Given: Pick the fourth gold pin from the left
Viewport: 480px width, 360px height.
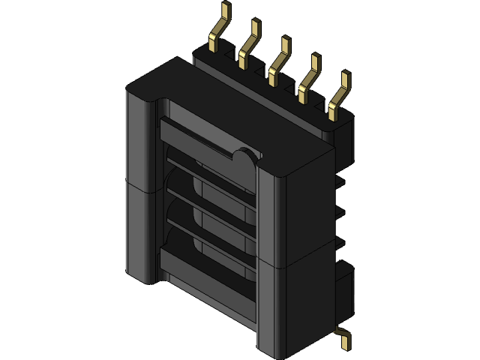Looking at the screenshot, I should coord(308,77).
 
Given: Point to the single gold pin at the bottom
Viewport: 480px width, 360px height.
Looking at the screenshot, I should coord(343,338).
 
